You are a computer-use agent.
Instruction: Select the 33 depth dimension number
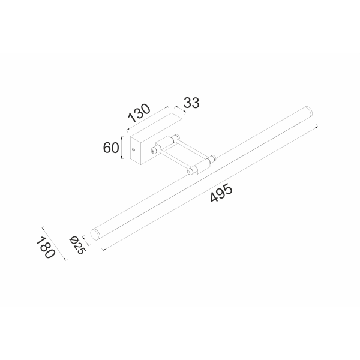(191, 103)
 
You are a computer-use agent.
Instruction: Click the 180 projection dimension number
(46, 248)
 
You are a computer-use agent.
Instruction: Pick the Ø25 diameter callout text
(76, 244)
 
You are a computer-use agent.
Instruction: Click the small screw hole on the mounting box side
(132, 147)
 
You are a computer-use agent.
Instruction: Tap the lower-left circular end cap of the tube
(94, 233)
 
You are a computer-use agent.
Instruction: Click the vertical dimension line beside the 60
(122, 147)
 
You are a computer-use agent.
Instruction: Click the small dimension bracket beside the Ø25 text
(85, 241)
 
